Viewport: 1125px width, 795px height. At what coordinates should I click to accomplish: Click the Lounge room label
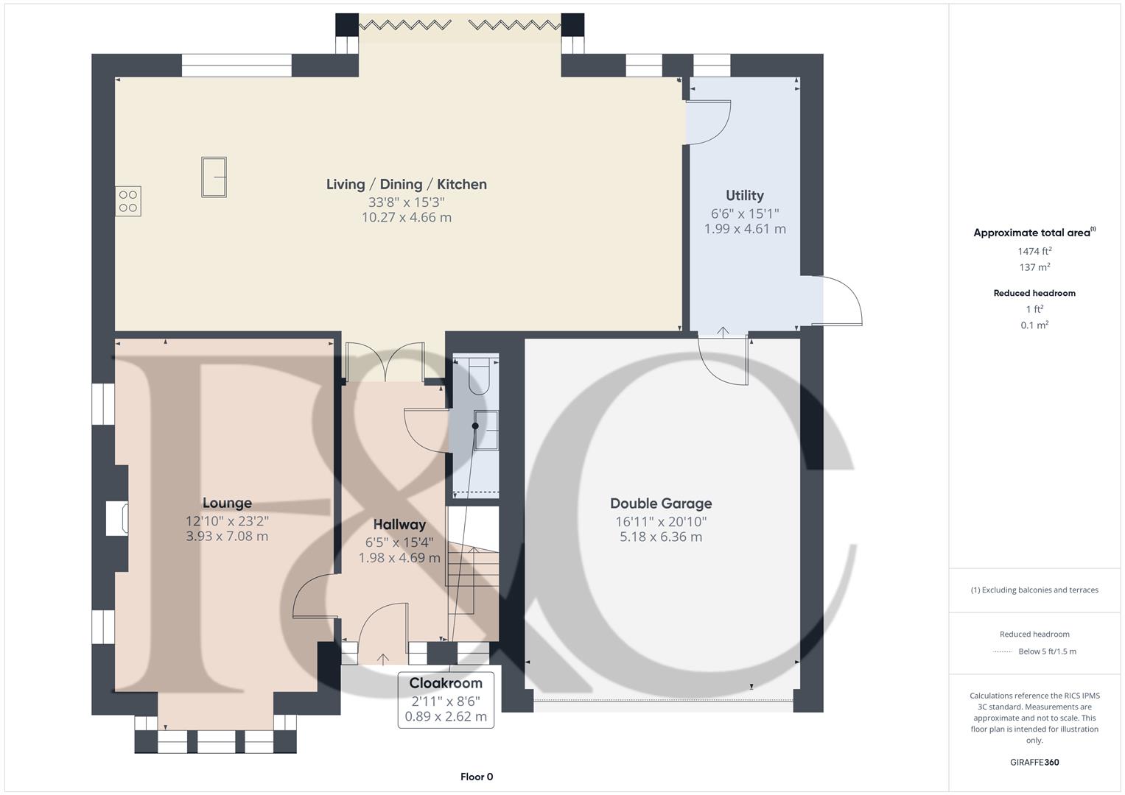point(227,504)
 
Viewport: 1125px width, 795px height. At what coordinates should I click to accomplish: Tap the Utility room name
point(744,196)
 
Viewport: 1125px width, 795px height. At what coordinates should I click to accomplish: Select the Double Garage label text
point(661,504)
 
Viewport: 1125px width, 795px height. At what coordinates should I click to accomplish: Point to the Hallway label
point(399,525)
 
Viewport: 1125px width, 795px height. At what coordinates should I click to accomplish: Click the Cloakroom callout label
point(446,684)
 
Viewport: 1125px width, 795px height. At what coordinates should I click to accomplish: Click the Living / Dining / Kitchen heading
point(407,185)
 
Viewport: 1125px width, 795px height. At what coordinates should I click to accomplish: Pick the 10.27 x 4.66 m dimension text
point(407,218)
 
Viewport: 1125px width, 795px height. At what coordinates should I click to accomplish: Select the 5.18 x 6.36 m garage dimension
point(661,537)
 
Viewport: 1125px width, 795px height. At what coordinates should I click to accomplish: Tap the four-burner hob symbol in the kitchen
point(127,202)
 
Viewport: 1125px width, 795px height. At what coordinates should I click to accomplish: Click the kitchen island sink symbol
point(214,177)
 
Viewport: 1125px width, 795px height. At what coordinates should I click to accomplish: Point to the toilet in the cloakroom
point(479,375)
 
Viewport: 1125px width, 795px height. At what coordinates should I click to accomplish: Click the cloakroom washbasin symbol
point(486,430)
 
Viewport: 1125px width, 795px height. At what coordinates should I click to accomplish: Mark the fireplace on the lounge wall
point(117,518)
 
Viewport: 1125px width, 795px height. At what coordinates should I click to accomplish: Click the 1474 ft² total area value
point(1034,252)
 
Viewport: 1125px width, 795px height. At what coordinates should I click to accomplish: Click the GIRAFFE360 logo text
point(1034,763)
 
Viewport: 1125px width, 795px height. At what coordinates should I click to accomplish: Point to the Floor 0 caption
point(477,777)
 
